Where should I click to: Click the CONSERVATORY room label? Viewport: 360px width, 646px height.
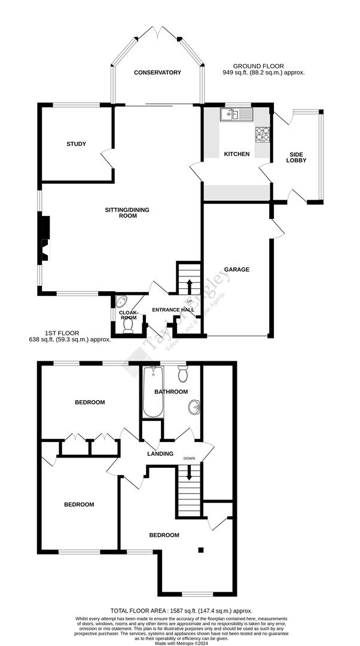click(157, 72)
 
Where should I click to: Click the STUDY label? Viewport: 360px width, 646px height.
click(77, 144)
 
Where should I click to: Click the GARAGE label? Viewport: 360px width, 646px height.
click(237, 270)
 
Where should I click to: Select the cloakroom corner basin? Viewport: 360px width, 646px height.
click(120, 301)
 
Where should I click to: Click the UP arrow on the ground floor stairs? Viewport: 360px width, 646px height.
click(190, 285)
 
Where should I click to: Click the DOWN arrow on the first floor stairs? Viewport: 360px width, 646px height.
click(190, 473)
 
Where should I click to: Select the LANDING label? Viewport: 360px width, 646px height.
click(160, 454)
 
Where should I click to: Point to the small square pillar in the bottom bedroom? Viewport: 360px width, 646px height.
click(202, 550)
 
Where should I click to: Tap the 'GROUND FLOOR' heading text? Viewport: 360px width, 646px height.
click(258, 66)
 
